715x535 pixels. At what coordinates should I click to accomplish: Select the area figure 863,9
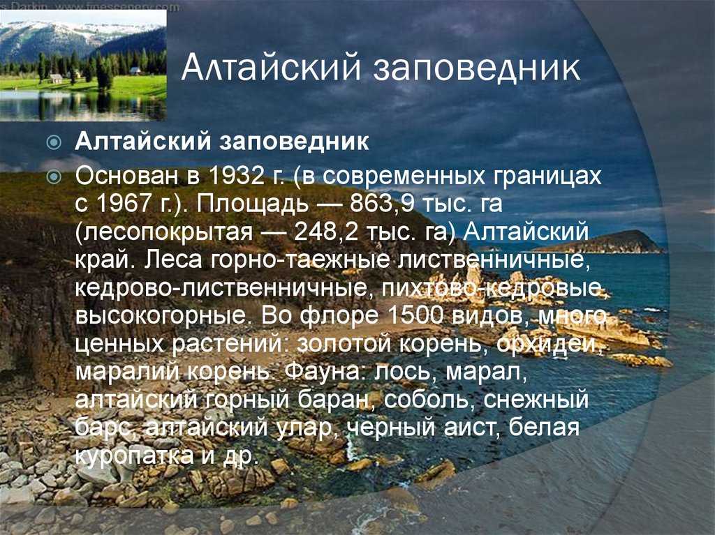point(382,204)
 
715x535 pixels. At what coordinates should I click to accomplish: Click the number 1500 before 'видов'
point(415,315)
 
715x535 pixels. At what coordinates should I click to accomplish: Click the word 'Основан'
point(127,176)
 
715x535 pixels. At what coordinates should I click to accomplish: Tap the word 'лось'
point(402,373)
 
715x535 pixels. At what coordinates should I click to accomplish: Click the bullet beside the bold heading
point(54,142)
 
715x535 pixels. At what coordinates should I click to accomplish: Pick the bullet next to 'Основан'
point(54,176)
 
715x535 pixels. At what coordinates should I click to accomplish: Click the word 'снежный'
point(536,400)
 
